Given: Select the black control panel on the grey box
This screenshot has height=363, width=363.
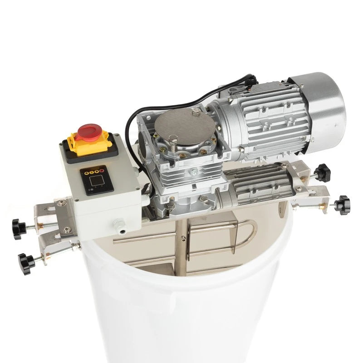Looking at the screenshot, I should click(96, 180).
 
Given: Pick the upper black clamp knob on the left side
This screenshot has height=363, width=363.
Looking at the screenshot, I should click(20, 224).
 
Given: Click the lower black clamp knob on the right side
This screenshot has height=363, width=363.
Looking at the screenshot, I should click(344, 201).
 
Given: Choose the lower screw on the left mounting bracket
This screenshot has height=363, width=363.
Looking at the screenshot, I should click(67, 230).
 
